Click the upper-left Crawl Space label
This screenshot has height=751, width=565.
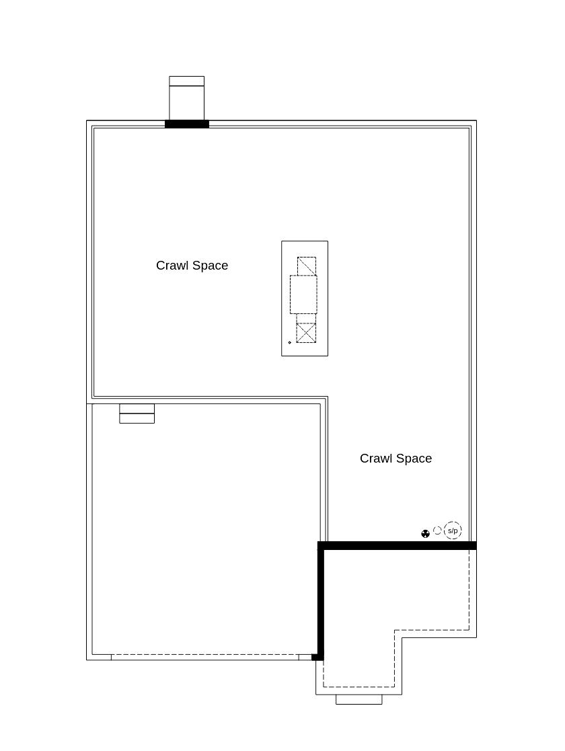tap(192, 266)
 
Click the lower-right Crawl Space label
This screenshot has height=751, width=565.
tap(396, 459)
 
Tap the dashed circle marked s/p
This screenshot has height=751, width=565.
tap(453, 530)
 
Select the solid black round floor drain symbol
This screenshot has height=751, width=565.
tap(426, 534)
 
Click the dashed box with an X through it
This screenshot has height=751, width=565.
tap(306, 333)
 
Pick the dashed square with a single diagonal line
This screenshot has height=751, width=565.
tap(307, 266)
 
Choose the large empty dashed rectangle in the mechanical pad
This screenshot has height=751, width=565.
tap(303, 294)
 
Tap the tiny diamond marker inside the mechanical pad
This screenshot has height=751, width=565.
tap(289, 342)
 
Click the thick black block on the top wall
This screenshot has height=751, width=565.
tap(187, 124)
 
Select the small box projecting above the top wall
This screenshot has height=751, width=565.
tap(187, 98)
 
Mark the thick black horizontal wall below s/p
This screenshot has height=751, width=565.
tap(398, 545)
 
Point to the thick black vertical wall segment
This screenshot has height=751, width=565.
tap(321, 601)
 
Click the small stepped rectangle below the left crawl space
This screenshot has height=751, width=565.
tap(137, 413)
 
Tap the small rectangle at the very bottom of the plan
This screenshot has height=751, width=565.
tap(359, 699)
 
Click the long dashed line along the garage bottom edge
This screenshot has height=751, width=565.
tap(204, 655)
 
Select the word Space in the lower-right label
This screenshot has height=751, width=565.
tap(414, 459)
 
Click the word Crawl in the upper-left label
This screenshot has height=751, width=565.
tap(172, 266)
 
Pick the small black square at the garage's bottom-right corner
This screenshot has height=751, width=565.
tap(317, 657)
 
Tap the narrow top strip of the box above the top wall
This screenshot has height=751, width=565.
tap(187, 81)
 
